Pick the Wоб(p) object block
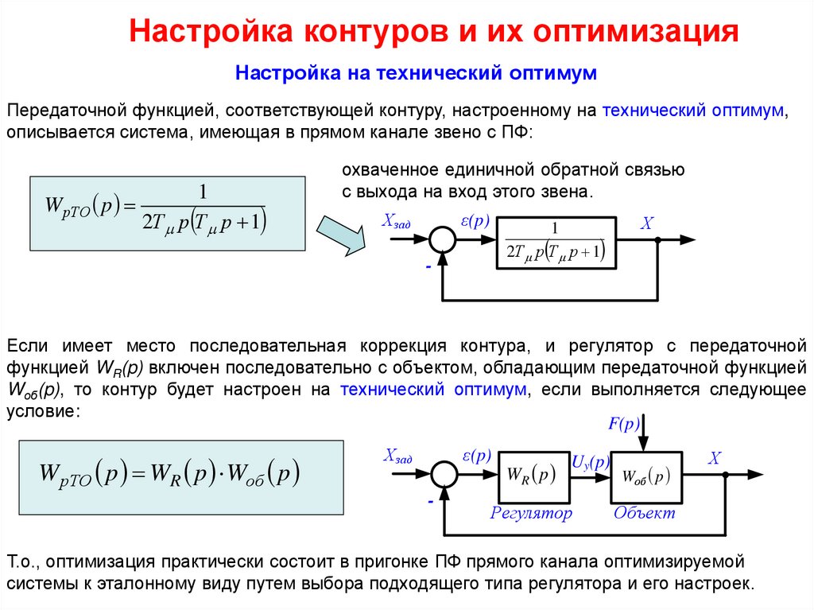(646, 476)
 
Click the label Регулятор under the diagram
(531, 513)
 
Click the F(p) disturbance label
(624, 424)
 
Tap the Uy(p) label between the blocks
(591, 462)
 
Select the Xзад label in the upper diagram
(396, 223)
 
